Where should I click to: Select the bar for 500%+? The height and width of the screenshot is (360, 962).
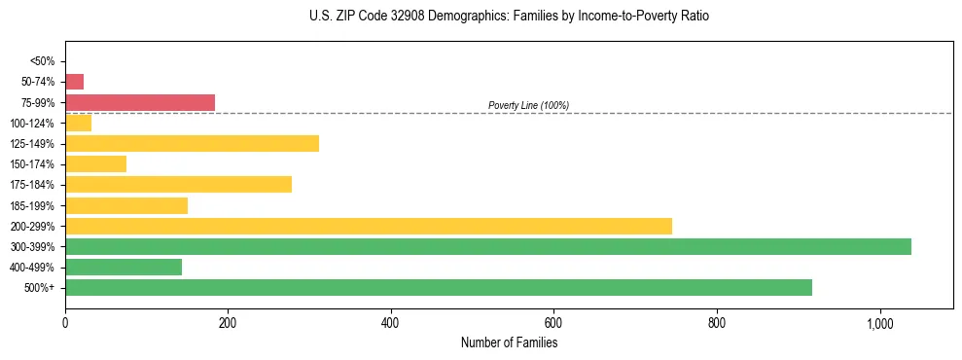(x=439, y=287)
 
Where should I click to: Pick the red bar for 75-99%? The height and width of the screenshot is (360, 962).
(x=140, y=102)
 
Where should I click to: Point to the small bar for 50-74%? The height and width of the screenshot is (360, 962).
(x=75, y=82)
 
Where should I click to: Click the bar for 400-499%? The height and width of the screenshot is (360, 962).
(x=124, y=267)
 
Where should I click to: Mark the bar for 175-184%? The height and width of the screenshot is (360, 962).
(x=179, y=185)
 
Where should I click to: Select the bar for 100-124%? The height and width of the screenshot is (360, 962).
(x=79, y=124)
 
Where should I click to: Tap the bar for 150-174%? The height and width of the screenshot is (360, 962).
(x=96, y=164)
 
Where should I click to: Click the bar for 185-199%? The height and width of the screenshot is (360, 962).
(x=126, y=205)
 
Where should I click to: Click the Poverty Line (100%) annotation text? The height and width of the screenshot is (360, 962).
(x=528, y=105)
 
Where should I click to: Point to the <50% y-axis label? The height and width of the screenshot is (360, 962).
(x=43, y=61)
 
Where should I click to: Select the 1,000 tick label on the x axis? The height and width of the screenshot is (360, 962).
(x=879, y=323)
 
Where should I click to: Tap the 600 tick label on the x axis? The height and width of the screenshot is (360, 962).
(x=553, y=323)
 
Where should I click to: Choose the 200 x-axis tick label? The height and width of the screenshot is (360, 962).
(x=228, y=323)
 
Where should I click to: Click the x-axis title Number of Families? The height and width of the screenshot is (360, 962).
(x=509, y=342)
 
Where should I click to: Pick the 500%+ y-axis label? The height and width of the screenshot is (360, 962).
(x=39, y=288)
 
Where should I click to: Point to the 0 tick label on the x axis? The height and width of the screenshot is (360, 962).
(x=65, y=323)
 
